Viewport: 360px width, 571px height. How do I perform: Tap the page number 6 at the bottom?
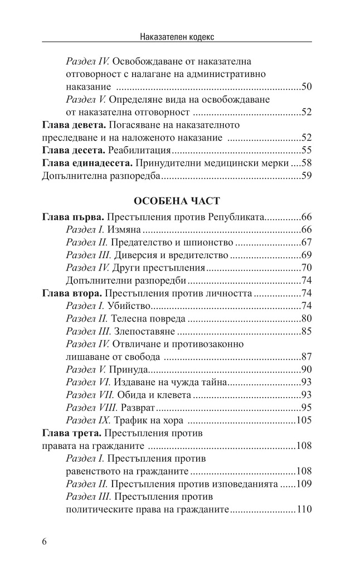tap(45, 543)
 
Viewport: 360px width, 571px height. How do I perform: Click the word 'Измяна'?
tap(126, 229)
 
